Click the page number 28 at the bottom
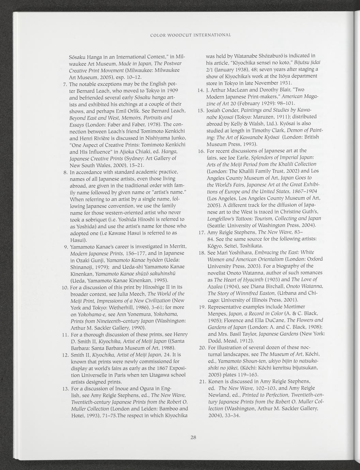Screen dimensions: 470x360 pos(193,438)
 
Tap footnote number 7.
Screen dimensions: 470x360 pos(65,84)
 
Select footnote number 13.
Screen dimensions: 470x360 pos(64,389)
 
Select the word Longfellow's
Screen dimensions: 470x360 pos(222,218)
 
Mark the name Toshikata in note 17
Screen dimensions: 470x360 pos(251,246)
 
